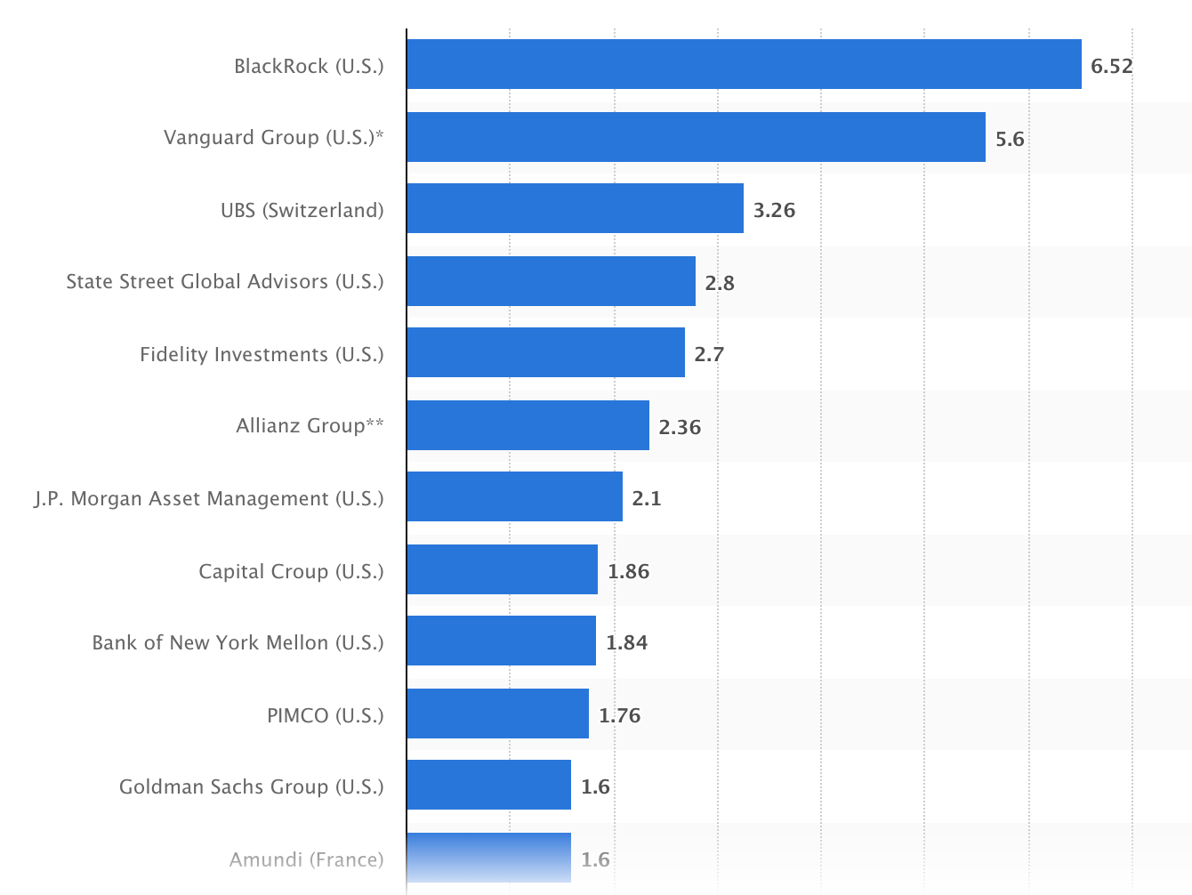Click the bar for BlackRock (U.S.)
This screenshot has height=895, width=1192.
[x=744, y=64]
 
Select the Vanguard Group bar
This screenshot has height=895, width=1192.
[x=696, y=137]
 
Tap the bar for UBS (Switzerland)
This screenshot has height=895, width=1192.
[x=575, y=208]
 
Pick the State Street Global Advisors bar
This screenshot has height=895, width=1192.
[x=551, y=281]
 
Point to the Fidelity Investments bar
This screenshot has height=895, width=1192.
[x=545, y=352]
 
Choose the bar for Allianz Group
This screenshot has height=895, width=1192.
[x=528, y=425]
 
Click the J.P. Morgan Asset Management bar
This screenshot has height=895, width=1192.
[x=514, y=496]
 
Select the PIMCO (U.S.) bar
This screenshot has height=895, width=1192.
[x=497, y=714]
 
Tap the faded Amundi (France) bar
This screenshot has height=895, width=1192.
[x=488, y=858]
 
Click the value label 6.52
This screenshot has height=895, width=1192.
[x=1111, y=66]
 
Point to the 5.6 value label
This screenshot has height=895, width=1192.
[x=1010, y=139]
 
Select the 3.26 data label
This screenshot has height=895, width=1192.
[x=774, y=210]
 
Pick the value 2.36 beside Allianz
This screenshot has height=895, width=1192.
[x=680, y=427]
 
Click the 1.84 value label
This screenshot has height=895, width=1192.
[x=626, y=642]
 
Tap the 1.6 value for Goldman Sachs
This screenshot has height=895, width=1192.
[x=595, y=786]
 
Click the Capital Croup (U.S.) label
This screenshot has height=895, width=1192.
[x=291, y=571]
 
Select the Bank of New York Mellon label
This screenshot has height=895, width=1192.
[x=238, y=642]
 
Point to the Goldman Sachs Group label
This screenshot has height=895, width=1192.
[x=251, y=786]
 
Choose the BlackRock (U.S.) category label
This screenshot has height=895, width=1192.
[x=309, y=66]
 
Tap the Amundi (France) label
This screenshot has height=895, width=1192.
[x=306, y=859]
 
